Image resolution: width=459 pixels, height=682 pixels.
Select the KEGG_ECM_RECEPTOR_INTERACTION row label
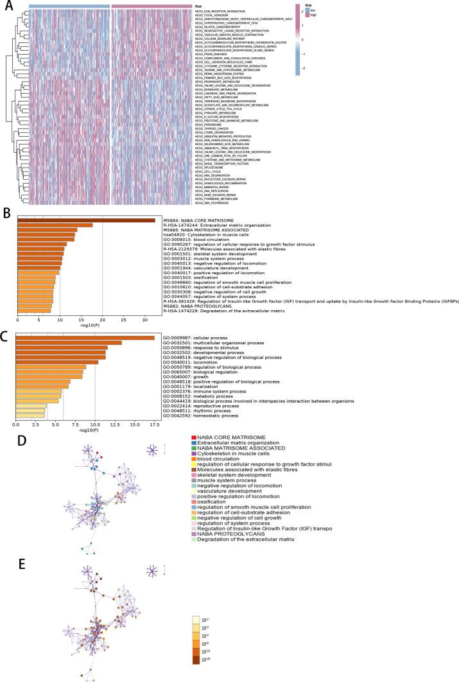coord(227,12)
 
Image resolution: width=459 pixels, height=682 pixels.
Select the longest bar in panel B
coord(87,220)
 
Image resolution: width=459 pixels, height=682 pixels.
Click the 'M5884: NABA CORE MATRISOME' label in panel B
coord(199,220)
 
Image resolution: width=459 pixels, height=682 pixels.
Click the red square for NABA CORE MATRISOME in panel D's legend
coord(193,455)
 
